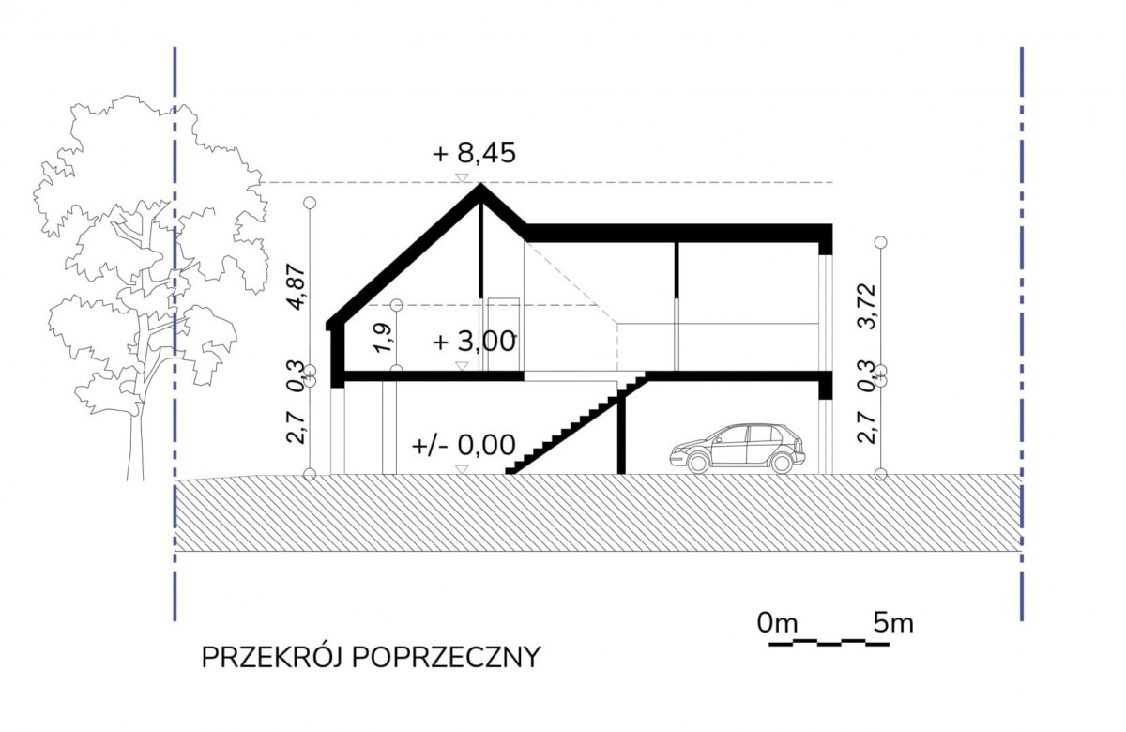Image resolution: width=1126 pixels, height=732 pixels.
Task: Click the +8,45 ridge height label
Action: (474, 152)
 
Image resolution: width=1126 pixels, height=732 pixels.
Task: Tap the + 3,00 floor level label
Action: (474, 342)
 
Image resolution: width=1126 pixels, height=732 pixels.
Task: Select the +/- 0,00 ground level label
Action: (464, 445)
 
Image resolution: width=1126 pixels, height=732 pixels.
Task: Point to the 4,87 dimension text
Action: (297, 286)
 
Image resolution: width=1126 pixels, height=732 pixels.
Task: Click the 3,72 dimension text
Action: (867, 306)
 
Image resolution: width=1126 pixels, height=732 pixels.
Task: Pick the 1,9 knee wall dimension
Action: (383, 338)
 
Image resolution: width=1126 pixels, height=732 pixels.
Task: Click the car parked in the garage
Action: (738, 449)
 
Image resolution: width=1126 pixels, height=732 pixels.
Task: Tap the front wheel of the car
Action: (698, 463)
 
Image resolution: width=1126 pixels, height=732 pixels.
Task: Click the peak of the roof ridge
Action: (481, 184)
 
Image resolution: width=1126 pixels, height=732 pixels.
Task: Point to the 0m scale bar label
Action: (778, 623)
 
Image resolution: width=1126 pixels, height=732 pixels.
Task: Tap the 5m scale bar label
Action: (893, 623)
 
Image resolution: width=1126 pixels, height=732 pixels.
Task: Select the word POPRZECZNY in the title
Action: (447, 658)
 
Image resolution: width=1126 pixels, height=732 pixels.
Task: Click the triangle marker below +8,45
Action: (462, 177)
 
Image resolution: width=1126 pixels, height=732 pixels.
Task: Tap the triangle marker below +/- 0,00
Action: (462, 469)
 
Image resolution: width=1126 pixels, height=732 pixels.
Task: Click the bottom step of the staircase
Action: (510, 470)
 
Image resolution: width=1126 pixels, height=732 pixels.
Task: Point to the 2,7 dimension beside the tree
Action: (297, 427)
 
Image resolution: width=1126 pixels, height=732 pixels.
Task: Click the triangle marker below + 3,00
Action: (462, 366)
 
